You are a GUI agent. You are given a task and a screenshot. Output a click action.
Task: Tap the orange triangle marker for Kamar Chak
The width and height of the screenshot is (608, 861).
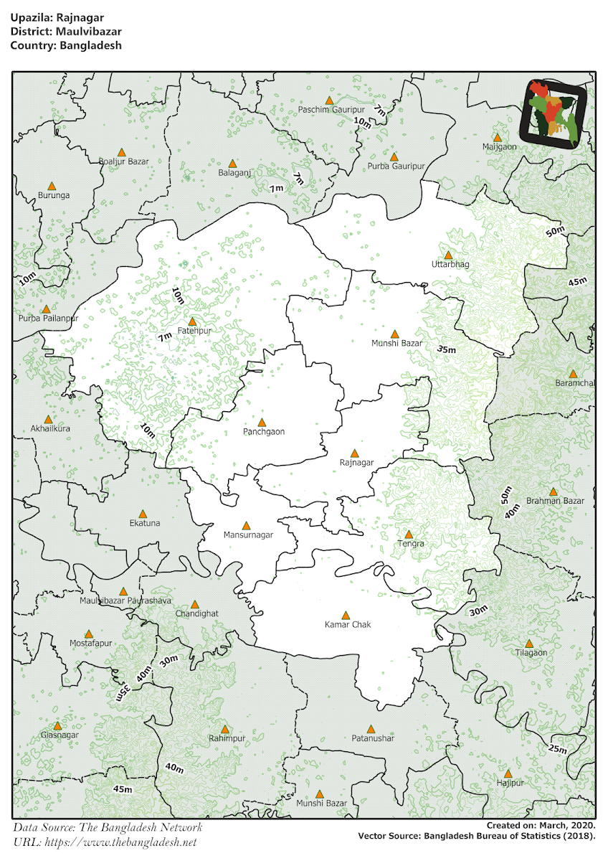345,615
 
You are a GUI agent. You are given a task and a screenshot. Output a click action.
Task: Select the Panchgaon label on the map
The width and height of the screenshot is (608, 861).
264,432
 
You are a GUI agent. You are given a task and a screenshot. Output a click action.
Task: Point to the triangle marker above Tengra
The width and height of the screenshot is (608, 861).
409,535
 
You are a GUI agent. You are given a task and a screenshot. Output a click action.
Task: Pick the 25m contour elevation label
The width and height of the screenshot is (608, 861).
557,749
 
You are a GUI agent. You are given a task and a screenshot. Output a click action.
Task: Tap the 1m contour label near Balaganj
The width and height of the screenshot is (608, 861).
275,188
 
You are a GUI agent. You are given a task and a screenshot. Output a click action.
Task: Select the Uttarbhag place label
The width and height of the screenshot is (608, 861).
450,265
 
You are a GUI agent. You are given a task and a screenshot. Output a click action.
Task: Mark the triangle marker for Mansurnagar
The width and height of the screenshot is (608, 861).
247,526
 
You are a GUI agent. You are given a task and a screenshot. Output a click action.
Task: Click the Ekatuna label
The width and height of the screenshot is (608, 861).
145,523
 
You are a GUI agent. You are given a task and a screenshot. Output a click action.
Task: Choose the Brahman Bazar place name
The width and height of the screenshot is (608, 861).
555,501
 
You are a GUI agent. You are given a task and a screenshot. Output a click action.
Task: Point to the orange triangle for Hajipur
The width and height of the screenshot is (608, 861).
508,773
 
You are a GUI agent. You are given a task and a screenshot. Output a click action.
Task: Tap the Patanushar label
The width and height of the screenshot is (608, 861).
373,738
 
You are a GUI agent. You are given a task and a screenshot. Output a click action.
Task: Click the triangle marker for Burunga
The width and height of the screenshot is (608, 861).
52,185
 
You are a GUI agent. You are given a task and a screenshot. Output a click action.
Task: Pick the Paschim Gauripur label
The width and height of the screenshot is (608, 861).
331,110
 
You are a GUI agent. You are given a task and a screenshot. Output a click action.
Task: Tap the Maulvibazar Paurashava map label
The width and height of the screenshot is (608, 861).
125,600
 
